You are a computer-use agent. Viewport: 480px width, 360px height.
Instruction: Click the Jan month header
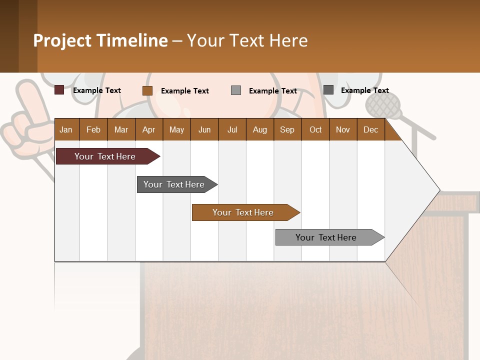[66, 129]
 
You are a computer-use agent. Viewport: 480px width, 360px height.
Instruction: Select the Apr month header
[148, 129]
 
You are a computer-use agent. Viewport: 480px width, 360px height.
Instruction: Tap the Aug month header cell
[259, 129]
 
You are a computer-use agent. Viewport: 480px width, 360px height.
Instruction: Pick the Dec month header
[370, 129]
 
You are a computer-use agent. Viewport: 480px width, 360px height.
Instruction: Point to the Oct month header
[315, 129]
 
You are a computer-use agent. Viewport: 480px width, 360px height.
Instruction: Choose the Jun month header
[204, 129]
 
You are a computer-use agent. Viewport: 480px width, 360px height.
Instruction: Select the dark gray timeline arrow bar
[175, 184]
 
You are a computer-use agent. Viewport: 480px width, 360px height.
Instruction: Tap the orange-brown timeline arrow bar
[244, 212]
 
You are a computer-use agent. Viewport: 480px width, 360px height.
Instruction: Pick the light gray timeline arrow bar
[327, 237]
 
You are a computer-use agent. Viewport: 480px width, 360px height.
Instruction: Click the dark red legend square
[59, 90]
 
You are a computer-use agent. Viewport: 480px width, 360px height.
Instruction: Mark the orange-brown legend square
[147, 90]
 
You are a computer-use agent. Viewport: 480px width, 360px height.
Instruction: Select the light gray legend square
[236, 90]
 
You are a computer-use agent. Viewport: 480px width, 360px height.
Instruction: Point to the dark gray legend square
[328, 90]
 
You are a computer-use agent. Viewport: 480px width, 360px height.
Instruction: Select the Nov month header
[342, 129]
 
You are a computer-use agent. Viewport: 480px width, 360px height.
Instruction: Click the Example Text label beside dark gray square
[364, 90]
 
